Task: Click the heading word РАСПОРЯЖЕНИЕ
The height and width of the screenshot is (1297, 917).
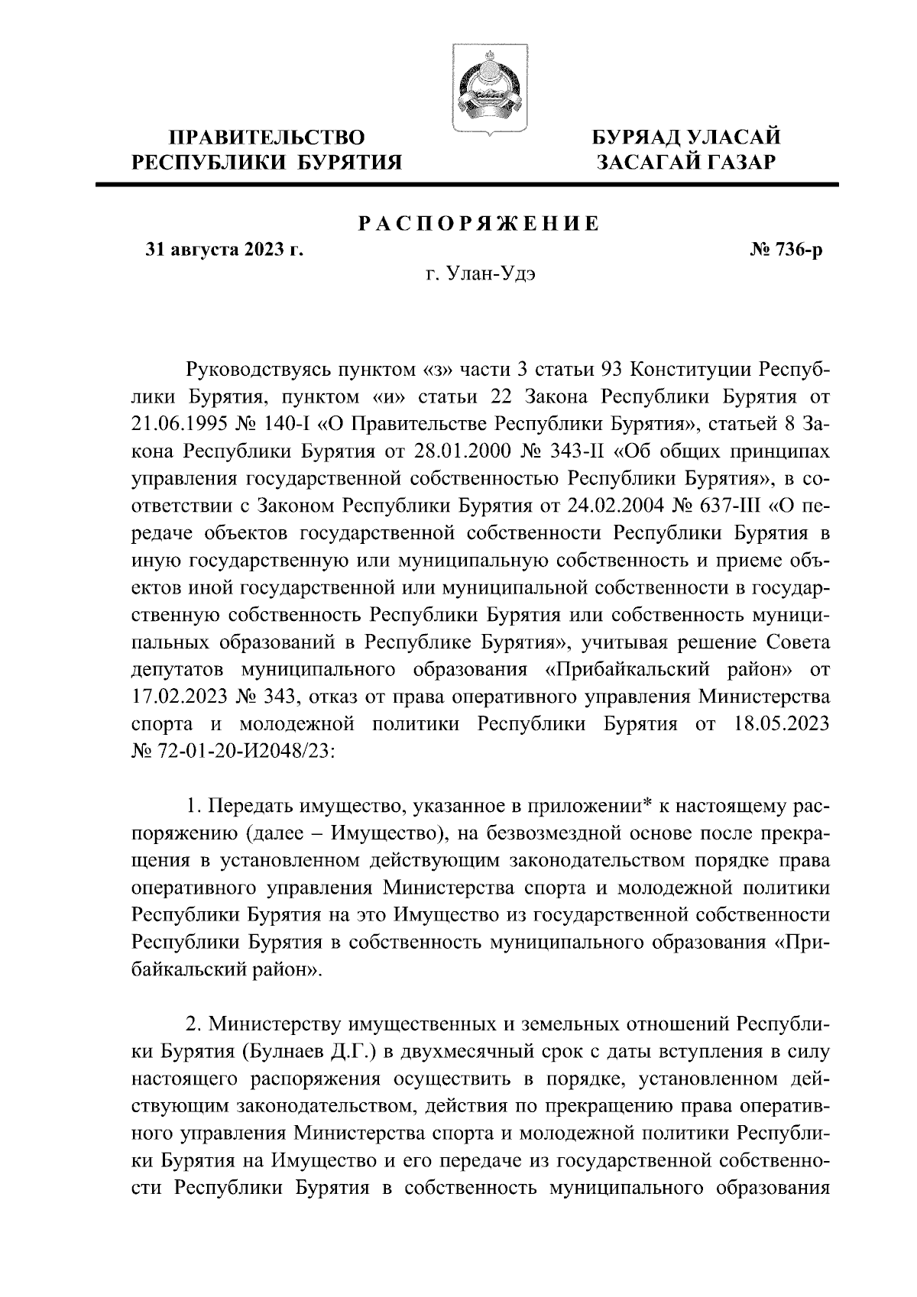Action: tap(479, 224)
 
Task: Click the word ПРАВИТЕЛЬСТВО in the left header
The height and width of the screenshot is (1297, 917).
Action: tap(267, 137)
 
